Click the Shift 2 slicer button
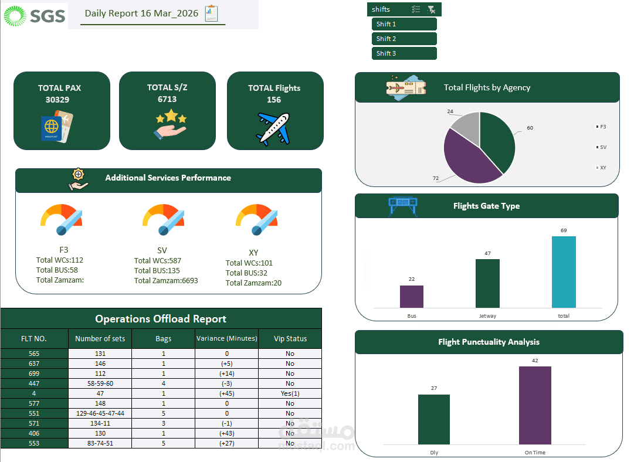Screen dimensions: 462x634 [x=404, y=39]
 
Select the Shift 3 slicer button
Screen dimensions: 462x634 [x=404, y=53]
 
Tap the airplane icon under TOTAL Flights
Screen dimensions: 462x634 [x=274, y=129]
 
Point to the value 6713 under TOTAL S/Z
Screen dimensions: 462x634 [x=167, y=99]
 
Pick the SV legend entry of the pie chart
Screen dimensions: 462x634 [x=602, y=147]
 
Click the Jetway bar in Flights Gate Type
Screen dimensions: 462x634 [x=487, y=283]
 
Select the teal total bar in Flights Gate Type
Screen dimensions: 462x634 [x=564, y=272]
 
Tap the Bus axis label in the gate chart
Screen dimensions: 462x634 [x=412, y=316]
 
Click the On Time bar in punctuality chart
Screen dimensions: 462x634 [x=535, y=405]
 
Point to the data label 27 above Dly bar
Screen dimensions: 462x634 [x=434, y=388]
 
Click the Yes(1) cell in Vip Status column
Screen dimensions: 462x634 [x=290, y=393]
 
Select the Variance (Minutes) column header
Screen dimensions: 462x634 [x=226, y=338]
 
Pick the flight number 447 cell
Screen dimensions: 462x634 [x=34, y=383]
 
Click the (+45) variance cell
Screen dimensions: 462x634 [x=226, y=393]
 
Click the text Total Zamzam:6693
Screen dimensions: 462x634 [x=166, y=280]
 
